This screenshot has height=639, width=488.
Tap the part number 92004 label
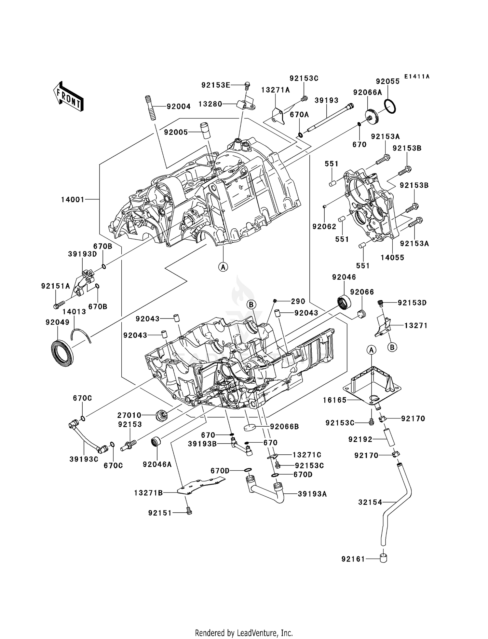[x=179, y=106]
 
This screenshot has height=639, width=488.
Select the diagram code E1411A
[x=417, y=77]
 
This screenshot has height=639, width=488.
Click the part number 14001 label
[x=73, y=199]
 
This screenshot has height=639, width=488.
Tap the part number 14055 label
[x=392, y=257]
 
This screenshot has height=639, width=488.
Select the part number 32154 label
[x=370, y=503]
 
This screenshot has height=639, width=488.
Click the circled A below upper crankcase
[x=223, y=267]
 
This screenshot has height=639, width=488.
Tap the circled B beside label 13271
[x=392, y=348]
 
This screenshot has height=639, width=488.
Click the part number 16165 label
[x=335, y=400]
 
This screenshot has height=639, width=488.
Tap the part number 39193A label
[x=312, y=494]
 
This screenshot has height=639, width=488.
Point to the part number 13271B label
[x=148, y=493]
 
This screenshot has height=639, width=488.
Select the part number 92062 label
[x=324, y=226]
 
